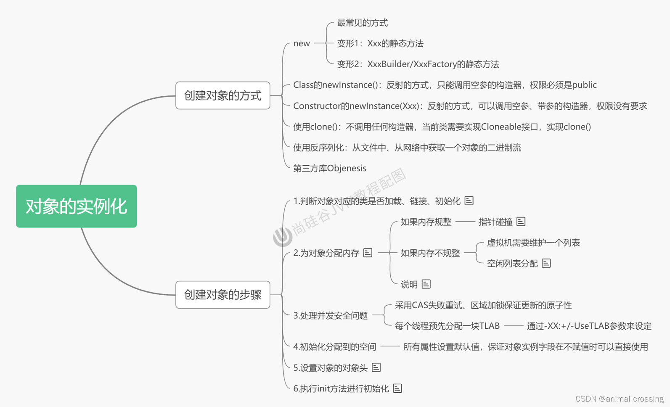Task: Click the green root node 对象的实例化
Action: pos(76,206)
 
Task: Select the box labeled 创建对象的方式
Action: pos(222,95)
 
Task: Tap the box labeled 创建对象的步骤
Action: pos(222,295)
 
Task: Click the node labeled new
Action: pos(302,43)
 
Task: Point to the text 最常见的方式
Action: pos(362,23)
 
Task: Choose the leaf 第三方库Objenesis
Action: pos(329,168)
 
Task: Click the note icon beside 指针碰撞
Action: pos(521,222)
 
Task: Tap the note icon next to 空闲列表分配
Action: pos(546,263)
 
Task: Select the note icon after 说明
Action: pos(426,284)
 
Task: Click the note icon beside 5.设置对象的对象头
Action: pos(376,367)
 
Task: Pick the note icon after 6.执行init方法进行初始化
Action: pos(397,388)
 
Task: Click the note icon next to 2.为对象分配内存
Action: pos(368,253)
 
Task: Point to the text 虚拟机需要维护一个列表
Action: pos(533,243)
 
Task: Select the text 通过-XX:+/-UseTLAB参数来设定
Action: pos(589,326)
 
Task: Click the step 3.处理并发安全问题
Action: pos(330,315)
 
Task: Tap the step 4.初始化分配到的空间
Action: pos(334,347)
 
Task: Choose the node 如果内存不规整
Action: pos(430,253)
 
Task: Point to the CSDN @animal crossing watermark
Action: pos(619,399)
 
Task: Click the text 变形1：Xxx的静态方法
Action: pos(380,43)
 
